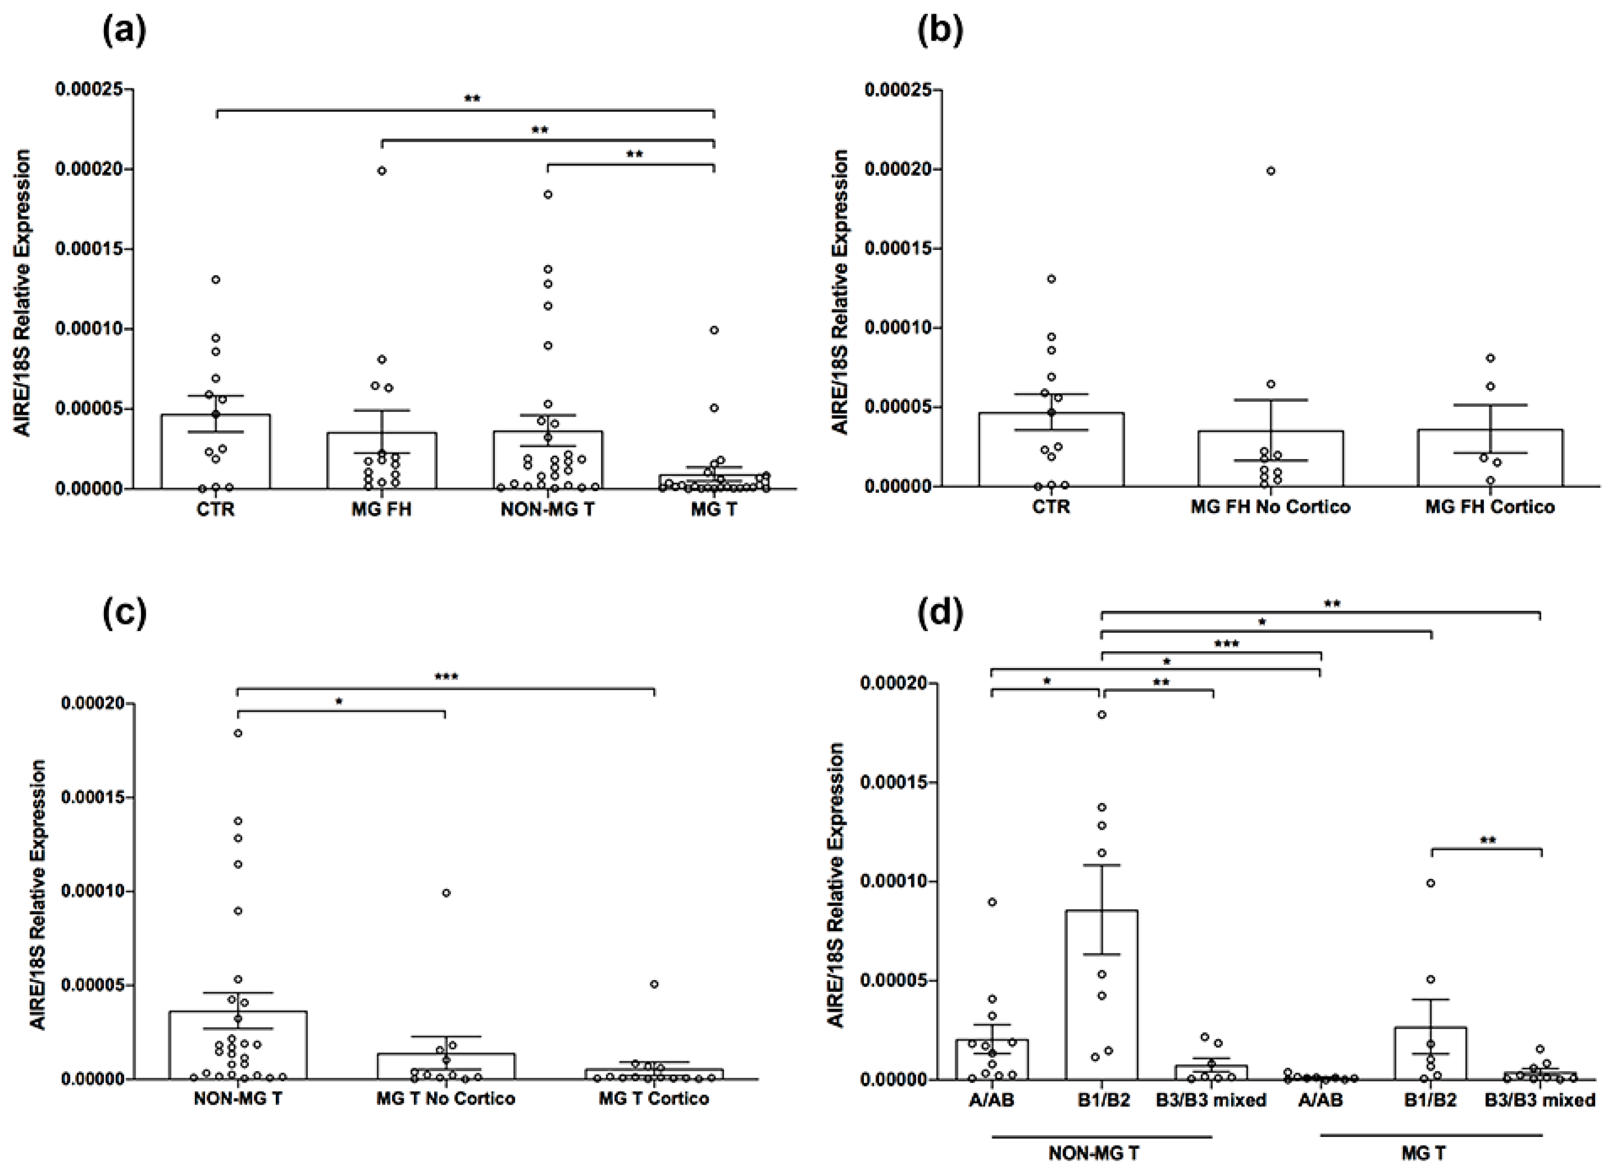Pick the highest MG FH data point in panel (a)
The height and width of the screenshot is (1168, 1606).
click(382, 171)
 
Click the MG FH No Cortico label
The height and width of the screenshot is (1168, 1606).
click(1271, 507)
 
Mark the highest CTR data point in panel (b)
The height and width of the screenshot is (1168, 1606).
click(1052, 279)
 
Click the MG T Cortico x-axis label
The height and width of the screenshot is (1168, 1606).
click(654, 1098)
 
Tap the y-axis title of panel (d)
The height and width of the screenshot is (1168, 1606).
click(836, 885)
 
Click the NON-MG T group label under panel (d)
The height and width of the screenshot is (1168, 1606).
click(1093, 1153)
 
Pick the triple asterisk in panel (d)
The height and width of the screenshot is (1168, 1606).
click(1226, 644)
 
